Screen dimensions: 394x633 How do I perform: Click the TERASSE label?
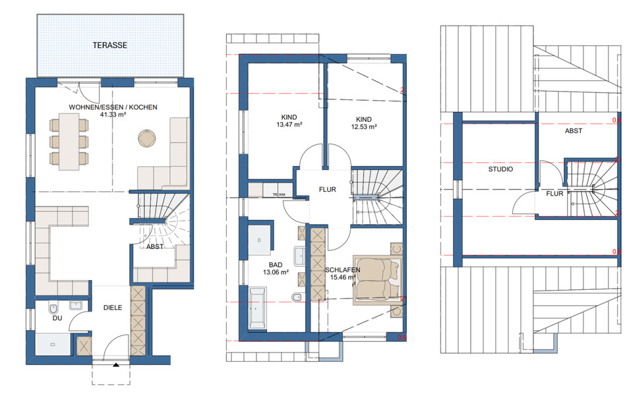pyautogui.click(x=109, y=46)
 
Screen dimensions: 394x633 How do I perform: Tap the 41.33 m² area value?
pyautogui.click(x=113, y=115)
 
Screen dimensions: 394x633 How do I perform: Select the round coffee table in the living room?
pyautogui.click(x=146, y=138)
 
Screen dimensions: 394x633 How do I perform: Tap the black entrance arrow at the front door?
pyautogui.click(x=115, y=364)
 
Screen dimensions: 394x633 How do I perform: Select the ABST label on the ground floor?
pyautogui.click(x=155, y=247)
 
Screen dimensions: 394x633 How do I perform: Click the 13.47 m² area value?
pyautogui.click(x=289, y=125)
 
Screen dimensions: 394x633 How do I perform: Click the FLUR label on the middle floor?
pyautogui.click(x=328, y=189)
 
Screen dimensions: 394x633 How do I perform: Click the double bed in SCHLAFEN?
pyautogui.click(x=377, y=279)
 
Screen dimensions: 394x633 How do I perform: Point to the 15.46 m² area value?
pyautogui.click(x=342, y=278)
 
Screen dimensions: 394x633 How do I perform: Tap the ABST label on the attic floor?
pyautogui.click(x=573, y=130)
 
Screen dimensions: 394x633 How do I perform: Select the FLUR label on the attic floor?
pyautogui.click(x=554, y=194)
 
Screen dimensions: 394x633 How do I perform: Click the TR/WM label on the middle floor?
pyautogui.click(x=277, y=194)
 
